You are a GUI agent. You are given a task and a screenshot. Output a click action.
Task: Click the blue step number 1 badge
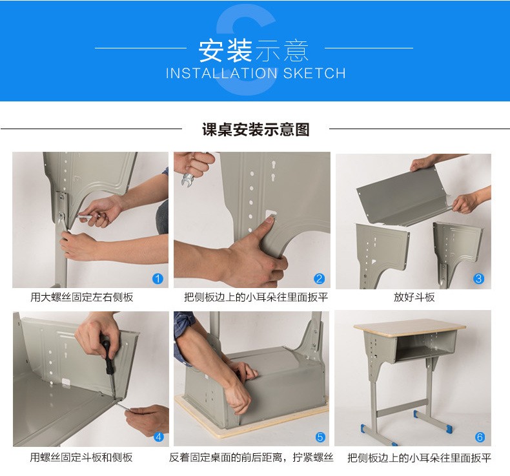click(158, 279)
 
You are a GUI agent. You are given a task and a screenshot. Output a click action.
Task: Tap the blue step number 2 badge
click(319, 279)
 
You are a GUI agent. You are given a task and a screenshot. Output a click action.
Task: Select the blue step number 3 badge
click(478, 279)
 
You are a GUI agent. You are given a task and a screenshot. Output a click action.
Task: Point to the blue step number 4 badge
click(159, 437)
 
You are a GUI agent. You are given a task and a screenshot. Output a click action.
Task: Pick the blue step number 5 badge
click(320, 437)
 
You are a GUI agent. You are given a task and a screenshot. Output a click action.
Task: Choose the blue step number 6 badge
click(480, 437)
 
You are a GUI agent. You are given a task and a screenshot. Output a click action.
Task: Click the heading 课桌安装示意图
click(256, 129)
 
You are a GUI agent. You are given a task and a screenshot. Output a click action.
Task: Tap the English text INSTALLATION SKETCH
click(256, 73)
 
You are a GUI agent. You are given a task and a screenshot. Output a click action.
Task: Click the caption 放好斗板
click(414, 297)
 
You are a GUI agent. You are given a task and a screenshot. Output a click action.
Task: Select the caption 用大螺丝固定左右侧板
click(81, 297)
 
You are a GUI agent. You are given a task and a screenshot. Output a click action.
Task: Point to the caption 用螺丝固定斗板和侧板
click(81, 457)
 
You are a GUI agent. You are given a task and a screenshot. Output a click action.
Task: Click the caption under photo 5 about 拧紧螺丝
click(251, 457)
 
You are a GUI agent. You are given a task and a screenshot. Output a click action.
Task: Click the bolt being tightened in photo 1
click(61, 216)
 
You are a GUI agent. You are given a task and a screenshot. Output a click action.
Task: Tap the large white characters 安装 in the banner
click(225, 50)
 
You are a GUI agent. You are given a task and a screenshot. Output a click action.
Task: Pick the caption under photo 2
click(256, 297)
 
